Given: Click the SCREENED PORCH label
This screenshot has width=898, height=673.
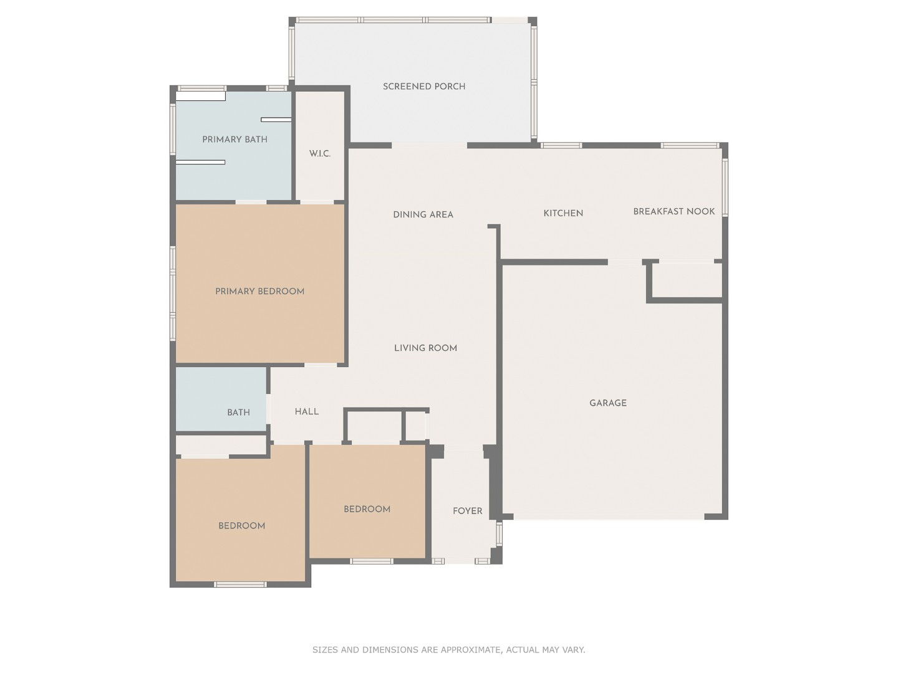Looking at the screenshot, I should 424,87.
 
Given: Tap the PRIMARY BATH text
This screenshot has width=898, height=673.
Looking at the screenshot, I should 234,140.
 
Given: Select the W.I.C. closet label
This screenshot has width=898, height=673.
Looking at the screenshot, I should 320,154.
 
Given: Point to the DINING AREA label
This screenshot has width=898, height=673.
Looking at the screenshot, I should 423,214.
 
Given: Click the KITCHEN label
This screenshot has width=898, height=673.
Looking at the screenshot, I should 563,213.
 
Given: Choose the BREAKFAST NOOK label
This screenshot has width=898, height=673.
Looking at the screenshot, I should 673,211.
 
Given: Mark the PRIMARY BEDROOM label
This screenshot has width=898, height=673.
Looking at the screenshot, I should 259,291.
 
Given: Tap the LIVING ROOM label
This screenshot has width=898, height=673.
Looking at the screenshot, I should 425,348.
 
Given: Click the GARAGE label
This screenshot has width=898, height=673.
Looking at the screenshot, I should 608,403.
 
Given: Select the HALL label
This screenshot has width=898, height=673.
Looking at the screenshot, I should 306,412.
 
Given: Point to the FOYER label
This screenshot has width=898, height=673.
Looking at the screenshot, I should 467,511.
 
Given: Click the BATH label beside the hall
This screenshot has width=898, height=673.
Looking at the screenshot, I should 238,413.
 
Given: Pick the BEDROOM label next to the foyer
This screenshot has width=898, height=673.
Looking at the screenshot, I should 367,509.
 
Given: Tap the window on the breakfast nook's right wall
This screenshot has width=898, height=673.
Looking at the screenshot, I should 725,188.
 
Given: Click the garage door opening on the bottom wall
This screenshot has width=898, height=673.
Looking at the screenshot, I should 609,517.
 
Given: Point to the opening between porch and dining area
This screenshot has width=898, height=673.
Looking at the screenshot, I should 429,146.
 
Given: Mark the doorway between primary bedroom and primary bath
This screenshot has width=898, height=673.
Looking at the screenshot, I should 251,202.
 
